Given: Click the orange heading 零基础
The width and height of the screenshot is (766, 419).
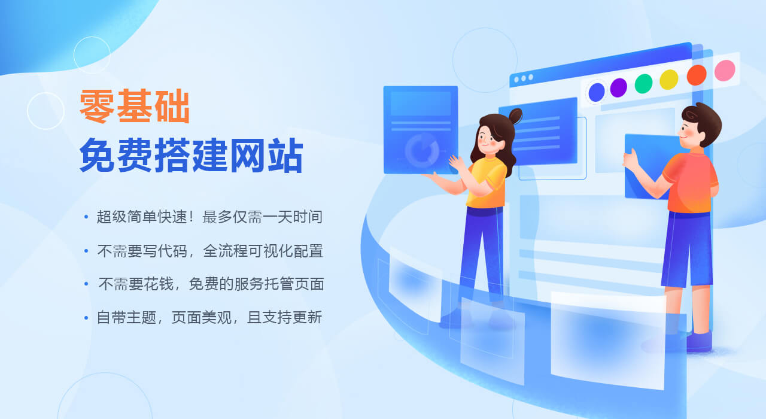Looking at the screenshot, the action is tap(135, 106).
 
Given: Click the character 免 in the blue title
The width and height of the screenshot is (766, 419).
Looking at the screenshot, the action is tap(97, 155).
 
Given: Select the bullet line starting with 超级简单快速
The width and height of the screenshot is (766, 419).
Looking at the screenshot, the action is tap(209, 217).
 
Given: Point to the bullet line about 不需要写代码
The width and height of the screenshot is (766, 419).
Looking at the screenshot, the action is tap(210, 251).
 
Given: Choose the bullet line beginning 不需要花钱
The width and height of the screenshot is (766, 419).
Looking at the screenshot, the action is tap(211, 284).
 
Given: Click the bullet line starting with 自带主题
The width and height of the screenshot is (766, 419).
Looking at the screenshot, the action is tap(209, 317).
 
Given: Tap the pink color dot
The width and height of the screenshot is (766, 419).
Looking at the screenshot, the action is tap(725, 71).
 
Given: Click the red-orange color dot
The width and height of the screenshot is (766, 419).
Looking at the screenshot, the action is tap(697, 75).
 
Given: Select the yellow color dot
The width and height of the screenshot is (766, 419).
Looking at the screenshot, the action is tap(669, 80).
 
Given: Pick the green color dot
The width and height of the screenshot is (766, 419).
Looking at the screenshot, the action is tap(643, 83).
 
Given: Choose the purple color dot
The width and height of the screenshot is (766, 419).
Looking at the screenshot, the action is tap(619, 87).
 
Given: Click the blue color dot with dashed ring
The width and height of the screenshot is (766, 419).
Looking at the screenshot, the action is tap(597, 92).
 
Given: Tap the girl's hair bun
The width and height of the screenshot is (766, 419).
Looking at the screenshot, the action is tap(515, 116).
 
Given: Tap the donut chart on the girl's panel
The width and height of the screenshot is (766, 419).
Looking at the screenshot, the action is tap(422, 150).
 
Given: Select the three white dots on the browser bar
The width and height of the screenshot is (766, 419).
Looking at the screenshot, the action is tap(524, 78).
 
